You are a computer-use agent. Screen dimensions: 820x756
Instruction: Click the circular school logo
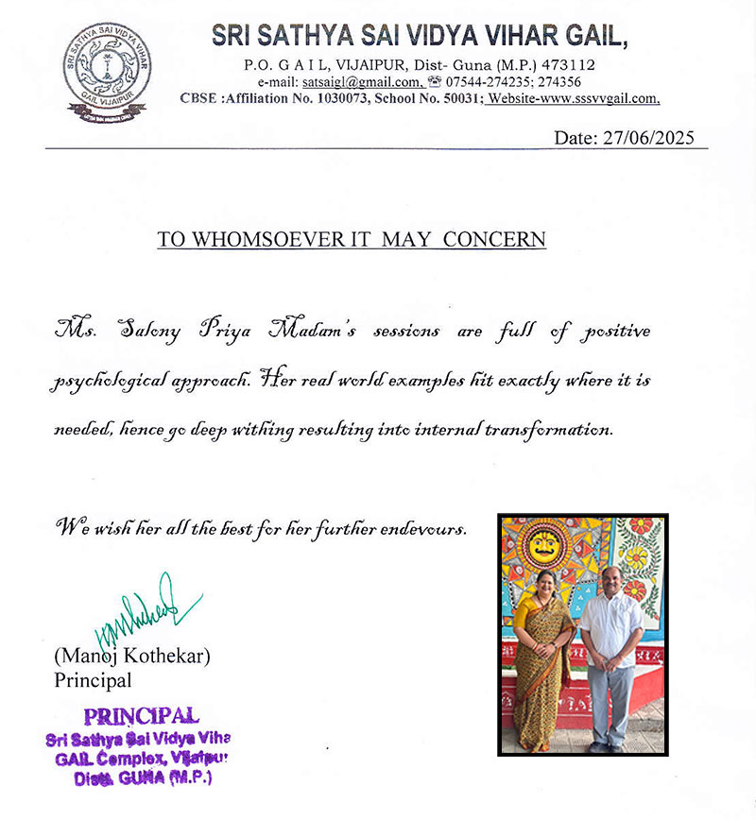click(x=107, y=68)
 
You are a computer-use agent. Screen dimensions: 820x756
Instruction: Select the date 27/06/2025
click(x=651, y=137)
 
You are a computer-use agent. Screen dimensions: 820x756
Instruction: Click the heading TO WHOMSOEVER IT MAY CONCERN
click(x=352, y=239)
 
